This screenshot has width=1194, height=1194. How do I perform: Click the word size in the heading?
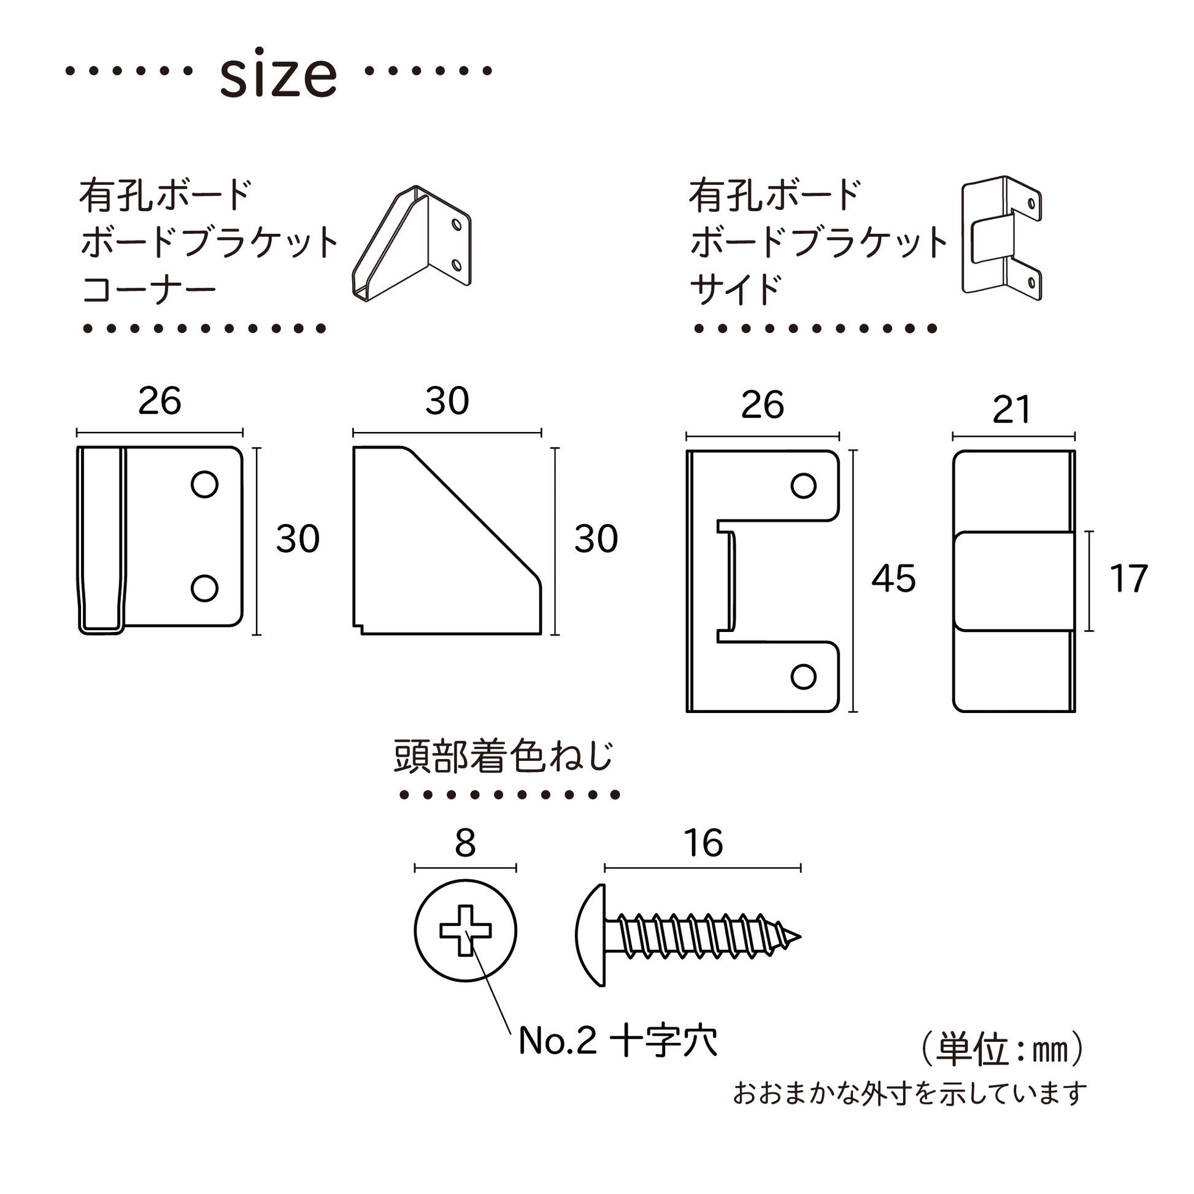point(278,75)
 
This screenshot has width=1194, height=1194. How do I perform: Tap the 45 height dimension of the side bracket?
point(893,579)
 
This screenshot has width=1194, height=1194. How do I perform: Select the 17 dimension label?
point(1128,579)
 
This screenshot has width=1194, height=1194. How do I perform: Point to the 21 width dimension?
point(1012,409)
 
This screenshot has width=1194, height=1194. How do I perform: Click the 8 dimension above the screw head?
point(464,843)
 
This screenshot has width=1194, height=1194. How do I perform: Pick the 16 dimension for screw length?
point(703,843)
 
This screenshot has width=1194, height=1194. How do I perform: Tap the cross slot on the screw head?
point(465,931)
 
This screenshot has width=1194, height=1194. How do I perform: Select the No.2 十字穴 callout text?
point(617,1041)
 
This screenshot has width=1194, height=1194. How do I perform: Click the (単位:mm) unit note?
point(1002,1049)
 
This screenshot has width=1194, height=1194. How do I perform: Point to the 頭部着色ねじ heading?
point(504,757)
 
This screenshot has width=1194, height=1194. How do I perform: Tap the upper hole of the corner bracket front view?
point(204,484)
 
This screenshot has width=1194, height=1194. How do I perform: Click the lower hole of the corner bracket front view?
point(204,588)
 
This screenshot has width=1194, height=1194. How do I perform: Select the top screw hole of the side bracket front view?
point(803,486)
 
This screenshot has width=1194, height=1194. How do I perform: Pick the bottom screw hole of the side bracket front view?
point(803,677)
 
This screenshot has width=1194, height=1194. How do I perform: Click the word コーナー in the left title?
point(149,289)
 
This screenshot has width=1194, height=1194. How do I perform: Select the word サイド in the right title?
point(736,289)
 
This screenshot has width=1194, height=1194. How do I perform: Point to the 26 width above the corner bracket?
point(160,401)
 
